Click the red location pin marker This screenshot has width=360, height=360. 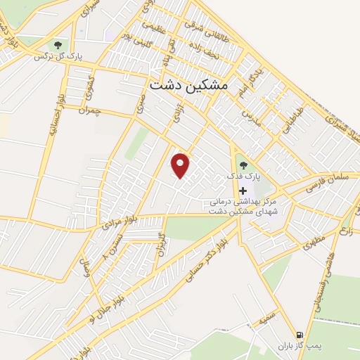click(x=181, y=166)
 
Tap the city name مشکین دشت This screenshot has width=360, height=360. click(x=190, y=84)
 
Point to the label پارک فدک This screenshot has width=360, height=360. click(x=243, y=176)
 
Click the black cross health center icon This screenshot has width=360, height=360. click(x=243, y=191)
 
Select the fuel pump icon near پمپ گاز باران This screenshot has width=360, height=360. click(x=301, y=335)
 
